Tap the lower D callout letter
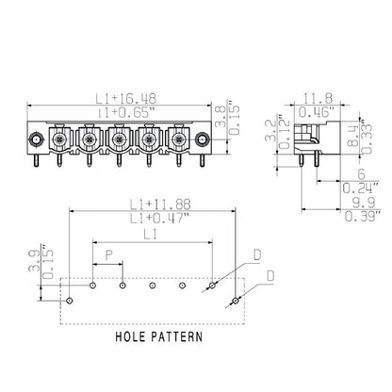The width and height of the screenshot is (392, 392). point(270,275)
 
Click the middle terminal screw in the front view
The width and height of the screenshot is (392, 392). point(119,141)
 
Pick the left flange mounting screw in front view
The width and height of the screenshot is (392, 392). point(35,142)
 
